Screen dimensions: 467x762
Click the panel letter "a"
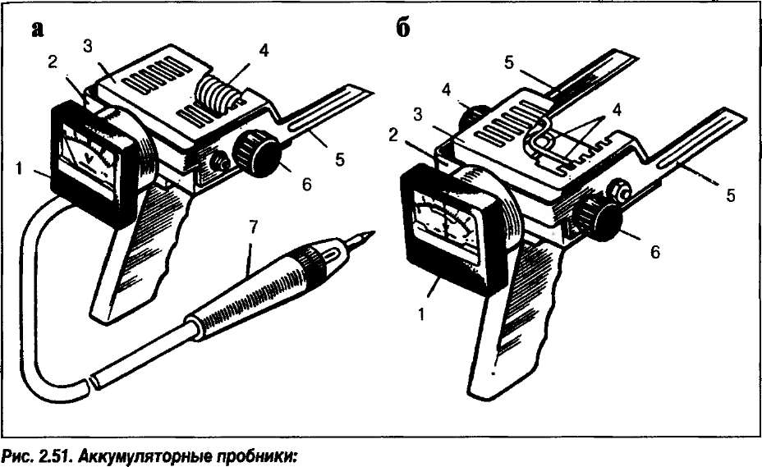coord(36,30)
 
